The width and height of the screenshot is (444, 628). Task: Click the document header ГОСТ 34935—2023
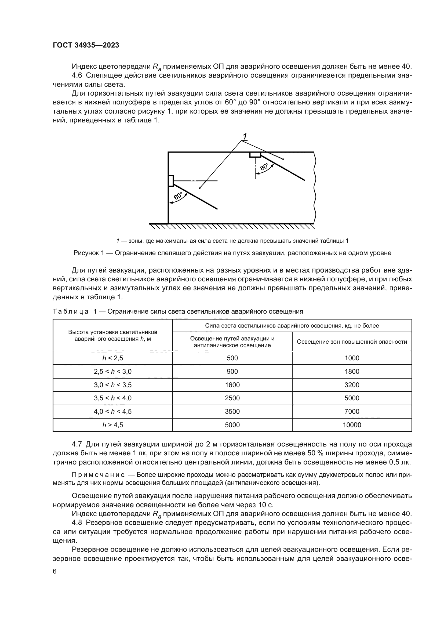pos(86,45)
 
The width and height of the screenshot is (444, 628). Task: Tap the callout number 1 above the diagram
pos(245,136)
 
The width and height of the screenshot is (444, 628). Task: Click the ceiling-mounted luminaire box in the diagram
pos(255,155)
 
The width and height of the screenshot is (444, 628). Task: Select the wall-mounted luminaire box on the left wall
pos(171,180)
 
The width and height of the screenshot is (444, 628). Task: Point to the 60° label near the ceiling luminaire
pos(265,167)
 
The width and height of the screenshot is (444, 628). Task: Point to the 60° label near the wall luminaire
pos(178,196)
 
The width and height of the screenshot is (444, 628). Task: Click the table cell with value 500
pos(232,358)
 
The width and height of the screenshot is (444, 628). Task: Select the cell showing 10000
pos(352,425)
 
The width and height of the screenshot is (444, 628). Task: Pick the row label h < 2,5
pos(113,358)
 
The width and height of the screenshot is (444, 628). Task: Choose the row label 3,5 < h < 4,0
pos(113,398)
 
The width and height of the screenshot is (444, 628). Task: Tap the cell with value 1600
pos(232,385)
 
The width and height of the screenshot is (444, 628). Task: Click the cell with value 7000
pos(352,411)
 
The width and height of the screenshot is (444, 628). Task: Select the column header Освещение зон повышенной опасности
pos(352,342)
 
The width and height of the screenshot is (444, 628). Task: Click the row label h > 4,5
pos(113,425)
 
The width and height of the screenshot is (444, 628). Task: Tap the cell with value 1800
pos(352,371)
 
